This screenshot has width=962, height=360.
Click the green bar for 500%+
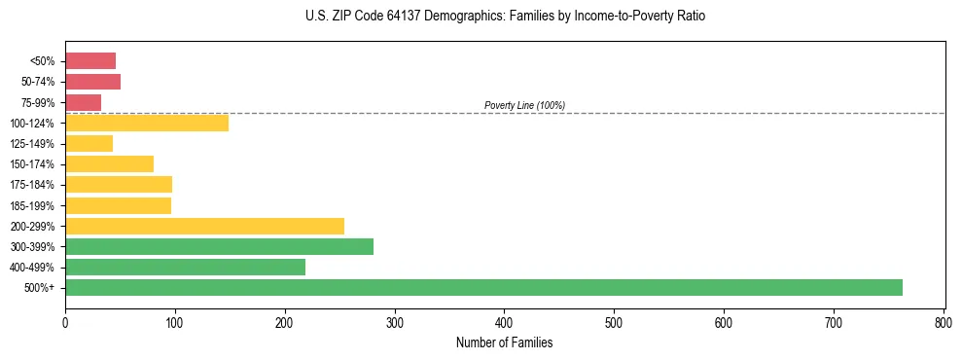click(x=483, y=287)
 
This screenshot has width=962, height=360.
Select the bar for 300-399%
click(x=219, y=246)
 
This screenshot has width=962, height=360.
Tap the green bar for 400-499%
click(x=185, y=267)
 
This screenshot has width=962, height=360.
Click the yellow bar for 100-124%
click(x=147, y=123)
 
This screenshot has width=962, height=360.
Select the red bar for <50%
click(x=90, y=60)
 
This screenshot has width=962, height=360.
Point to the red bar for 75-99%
click(x=83, y=102)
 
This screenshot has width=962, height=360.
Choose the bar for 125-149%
click(x=89, y=143)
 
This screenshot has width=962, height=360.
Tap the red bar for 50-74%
click(x=92, y=82)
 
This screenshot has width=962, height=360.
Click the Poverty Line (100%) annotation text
click(x=524, y=105)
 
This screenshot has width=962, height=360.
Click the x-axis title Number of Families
click(x=504, y=342)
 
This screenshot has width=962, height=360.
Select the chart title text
click(x=504, y=17)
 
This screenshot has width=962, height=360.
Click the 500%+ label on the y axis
click(x=43, y=288)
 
